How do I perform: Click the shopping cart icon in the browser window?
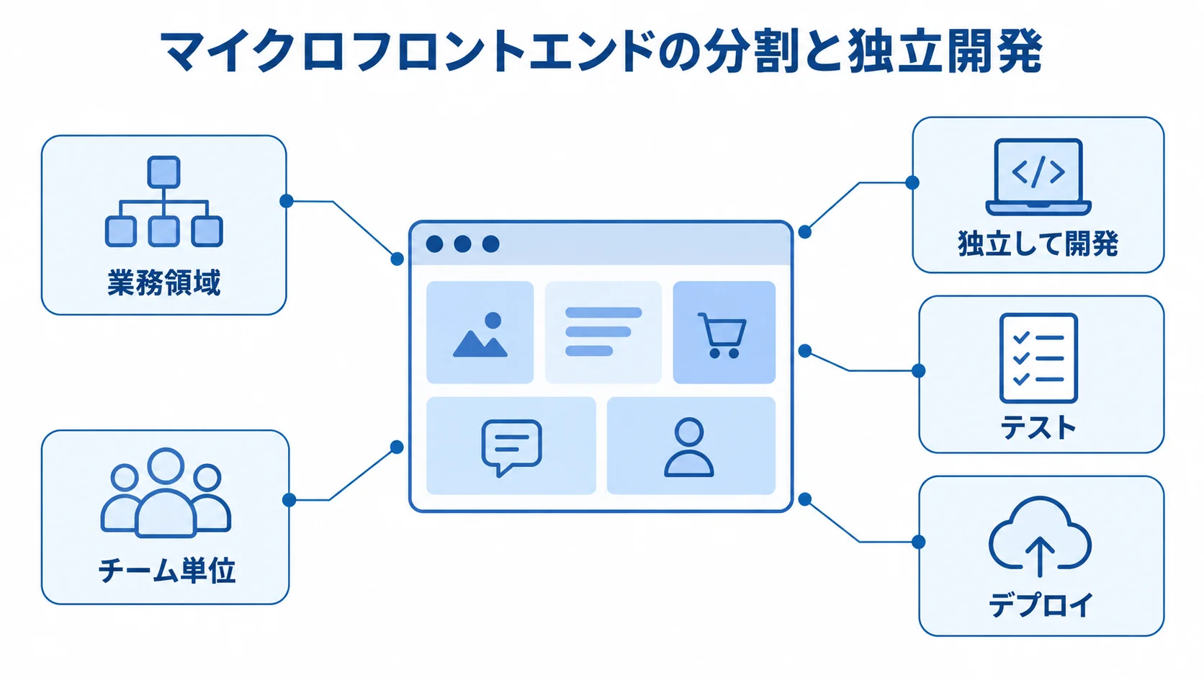(722, 335)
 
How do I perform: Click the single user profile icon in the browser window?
(688, 447)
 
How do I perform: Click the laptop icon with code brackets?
(1038, 177)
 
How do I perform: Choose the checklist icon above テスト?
(1038, 358)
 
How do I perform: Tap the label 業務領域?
(164, 282)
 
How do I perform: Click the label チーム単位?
(166, 571)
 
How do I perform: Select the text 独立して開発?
(1038, 244)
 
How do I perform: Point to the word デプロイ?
(1041, 605)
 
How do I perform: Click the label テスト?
(1038, 428)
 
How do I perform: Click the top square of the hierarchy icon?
(163, 172)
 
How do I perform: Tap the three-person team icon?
(166, 493)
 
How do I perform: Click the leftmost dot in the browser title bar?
(434, 244)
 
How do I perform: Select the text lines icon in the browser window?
(603, 331)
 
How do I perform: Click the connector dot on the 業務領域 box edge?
(287, 201)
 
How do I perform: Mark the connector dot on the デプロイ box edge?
(919, 542)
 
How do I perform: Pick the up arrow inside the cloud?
(1040, 556)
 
